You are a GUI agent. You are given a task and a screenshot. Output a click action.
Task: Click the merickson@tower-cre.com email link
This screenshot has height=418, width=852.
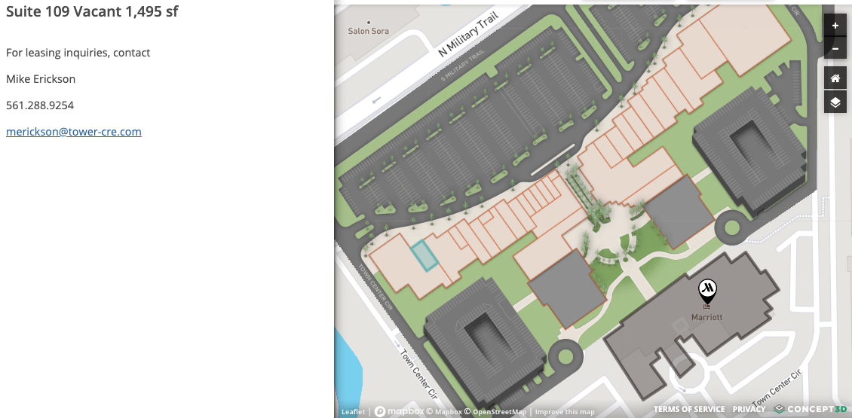point(74,132)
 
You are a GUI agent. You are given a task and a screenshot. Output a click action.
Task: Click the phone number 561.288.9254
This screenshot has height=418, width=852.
point(40,105)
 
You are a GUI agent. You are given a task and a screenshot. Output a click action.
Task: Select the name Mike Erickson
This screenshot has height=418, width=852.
point(41,79)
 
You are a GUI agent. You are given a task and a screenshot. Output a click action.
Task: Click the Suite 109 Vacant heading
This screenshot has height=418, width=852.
point(92,12)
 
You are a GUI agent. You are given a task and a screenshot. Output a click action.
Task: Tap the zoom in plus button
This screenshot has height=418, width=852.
point(835,26)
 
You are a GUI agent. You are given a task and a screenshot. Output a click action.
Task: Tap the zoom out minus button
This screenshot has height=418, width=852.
point(835,49)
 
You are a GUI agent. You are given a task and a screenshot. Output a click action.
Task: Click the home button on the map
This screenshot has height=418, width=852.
point(835,78)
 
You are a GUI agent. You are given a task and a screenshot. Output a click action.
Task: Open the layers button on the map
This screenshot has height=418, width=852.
point(835,102)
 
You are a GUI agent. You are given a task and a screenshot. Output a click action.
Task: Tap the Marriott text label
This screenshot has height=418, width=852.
point(707,317)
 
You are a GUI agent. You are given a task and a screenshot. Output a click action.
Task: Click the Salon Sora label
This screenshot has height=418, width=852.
point(368,32)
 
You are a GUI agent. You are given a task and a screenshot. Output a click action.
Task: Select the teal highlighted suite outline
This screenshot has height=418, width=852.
point(424,255)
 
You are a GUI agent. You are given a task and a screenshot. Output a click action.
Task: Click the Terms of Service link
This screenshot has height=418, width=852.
point(689,409)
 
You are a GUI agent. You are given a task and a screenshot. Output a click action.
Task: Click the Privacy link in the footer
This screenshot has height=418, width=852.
point(749,409)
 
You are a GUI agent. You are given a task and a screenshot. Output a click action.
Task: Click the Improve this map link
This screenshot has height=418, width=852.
point(565,412)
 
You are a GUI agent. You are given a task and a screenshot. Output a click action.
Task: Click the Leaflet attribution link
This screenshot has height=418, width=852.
point(353,412)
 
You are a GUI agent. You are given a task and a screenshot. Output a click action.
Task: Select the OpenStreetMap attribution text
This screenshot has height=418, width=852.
point(498,412)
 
